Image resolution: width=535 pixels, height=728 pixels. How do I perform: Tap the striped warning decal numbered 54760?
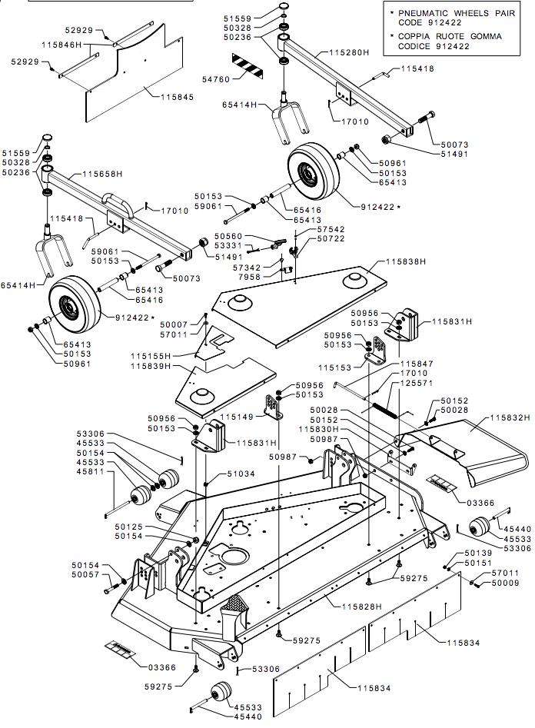tap(247, 65)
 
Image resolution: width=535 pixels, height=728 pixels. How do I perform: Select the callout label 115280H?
tap(350, 52)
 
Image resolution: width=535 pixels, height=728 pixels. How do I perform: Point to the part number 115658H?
tap(103, 175)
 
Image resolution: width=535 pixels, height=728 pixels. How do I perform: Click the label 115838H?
tap(405, 262)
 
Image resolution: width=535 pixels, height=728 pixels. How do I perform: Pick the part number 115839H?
tap(151, 367)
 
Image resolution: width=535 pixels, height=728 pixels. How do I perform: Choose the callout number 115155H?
tap(151, 357)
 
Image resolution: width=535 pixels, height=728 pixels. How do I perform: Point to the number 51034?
tap(239, 474)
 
